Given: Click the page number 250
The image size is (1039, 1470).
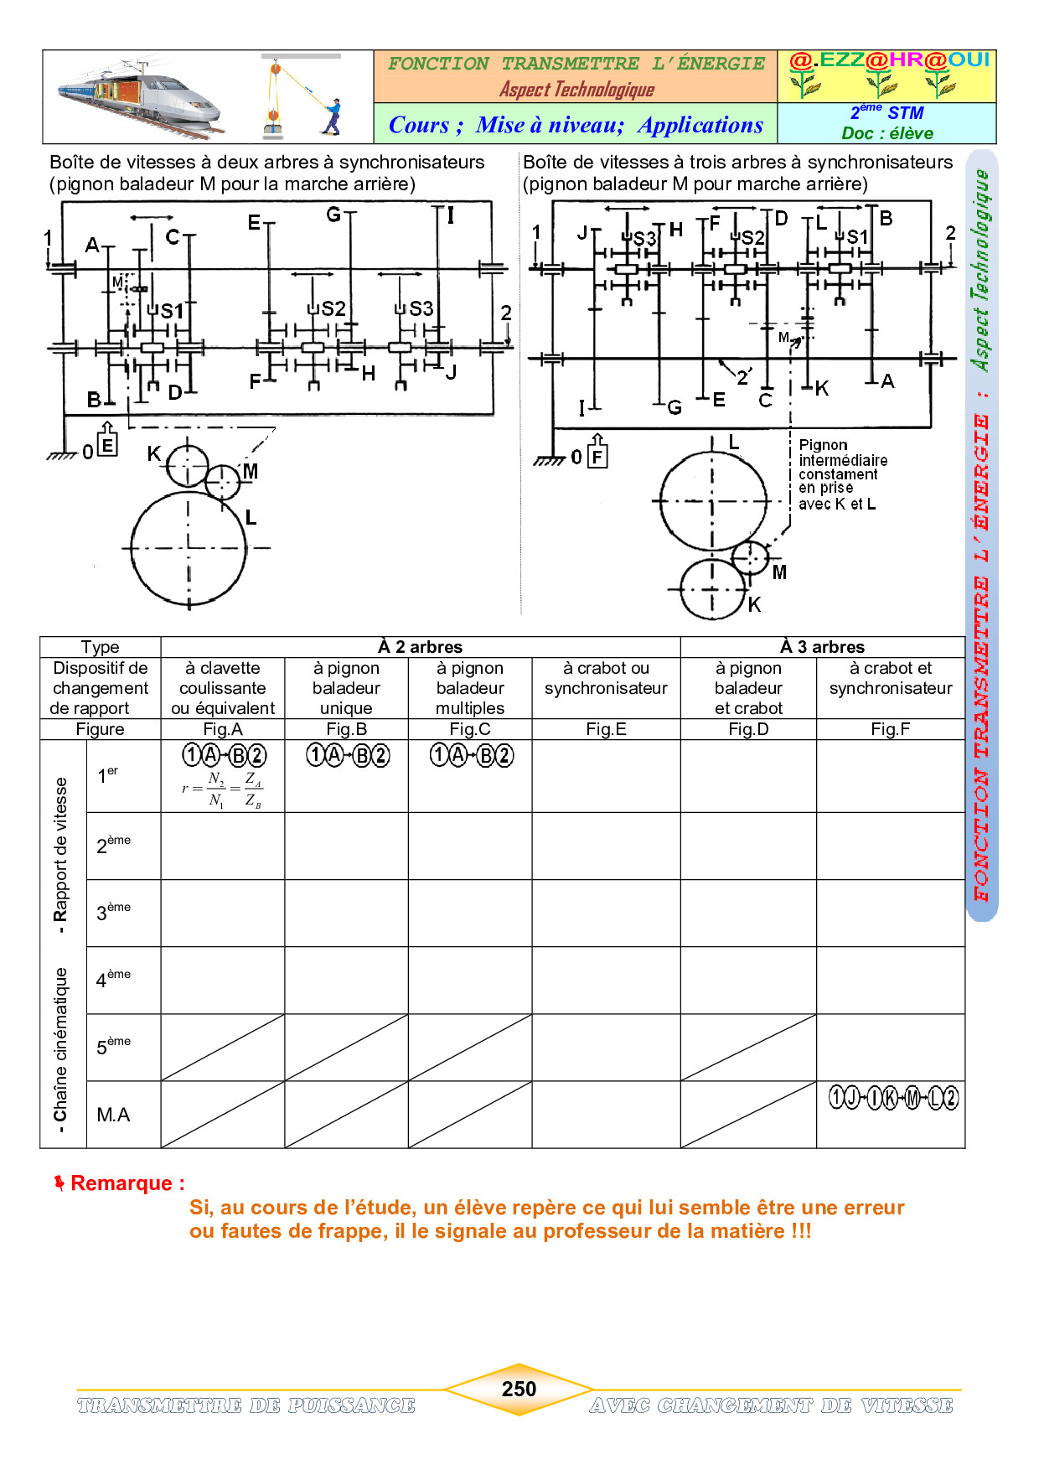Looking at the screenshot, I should point(519,1389).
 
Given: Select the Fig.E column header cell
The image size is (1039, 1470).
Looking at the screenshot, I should point(606,729).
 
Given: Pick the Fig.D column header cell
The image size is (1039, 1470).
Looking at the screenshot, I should point(748,729).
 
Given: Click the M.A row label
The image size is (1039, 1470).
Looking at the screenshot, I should point(113,1115).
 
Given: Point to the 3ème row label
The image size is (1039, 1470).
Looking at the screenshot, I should point(113,913).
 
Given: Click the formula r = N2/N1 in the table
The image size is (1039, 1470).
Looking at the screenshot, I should point(222,789).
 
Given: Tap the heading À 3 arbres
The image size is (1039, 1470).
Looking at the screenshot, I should point(822,647).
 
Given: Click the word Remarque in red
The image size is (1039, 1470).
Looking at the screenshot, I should point(127,1183).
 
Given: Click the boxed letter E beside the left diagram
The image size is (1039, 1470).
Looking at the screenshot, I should point(107,445).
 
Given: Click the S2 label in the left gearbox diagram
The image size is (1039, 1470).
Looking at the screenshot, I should point(333,308).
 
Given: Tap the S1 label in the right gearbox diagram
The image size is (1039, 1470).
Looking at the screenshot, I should point(856,237).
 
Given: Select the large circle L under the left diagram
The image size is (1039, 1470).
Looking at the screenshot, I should point(189,548).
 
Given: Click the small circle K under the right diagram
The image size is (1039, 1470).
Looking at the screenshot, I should point(712,589).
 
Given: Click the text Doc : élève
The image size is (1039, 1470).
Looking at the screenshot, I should point(887,133).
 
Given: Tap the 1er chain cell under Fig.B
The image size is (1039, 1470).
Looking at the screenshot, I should point(347,756).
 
